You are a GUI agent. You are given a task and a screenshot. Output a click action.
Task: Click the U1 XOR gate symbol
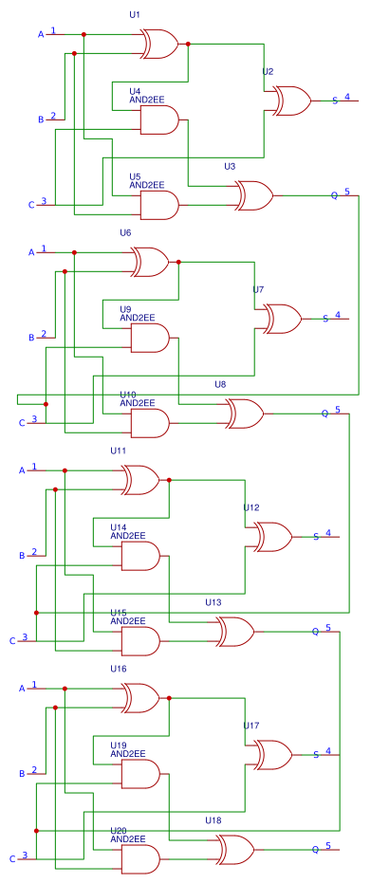point(159,43)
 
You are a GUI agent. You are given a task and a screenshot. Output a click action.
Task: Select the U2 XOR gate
point(292,100)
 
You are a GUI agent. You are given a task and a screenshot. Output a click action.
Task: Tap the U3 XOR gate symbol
point(254,195)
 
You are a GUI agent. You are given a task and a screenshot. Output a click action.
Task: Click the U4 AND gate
point(158,120)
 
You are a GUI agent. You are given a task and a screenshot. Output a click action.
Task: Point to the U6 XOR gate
point(150,261)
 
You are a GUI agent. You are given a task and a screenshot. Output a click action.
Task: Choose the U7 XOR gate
point(283,318)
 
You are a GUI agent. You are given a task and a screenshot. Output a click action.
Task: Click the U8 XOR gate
point(245,414)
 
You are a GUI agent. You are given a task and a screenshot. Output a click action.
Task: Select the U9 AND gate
point(149,338)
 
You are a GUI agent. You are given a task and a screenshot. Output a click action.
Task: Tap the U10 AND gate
point(149,423)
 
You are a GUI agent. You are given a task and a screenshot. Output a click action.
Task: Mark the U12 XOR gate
point(273,536)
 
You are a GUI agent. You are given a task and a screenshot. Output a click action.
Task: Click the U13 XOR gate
point(235,631)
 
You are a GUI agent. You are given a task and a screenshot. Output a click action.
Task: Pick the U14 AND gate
point(139,556)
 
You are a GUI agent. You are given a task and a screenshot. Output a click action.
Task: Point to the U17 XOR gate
point(273,754)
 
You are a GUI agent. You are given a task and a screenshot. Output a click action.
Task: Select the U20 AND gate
point(139,859)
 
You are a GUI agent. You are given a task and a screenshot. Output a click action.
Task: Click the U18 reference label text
point(213,819)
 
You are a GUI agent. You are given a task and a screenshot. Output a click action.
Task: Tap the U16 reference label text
point(119,669)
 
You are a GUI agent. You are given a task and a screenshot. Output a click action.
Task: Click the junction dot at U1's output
point(188,44)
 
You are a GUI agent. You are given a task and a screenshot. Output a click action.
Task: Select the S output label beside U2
point(334,101)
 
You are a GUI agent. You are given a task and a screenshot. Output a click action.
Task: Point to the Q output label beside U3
point(333,195)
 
